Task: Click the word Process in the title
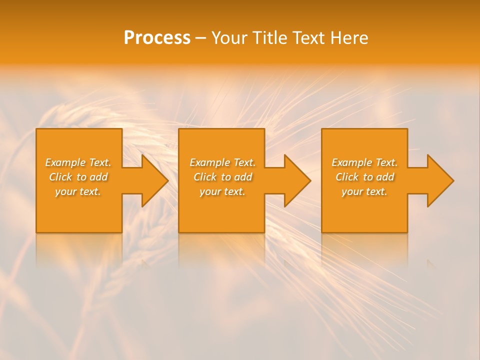click(x=157, y=38)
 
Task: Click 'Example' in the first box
click(x=65, y=162)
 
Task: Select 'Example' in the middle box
click(x=210, y=162)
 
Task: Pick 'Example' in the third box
click(x=352, y=162)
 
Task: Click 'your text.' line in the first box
click(x=78, y=191)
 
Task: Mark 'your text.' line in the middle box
click(x=222, y=191)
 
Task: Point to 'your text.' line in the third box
click(x=364, y=191)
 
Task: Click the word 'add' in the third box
click(x=385, y=177)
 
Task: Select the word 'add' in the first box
click(x=98, y=177)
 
